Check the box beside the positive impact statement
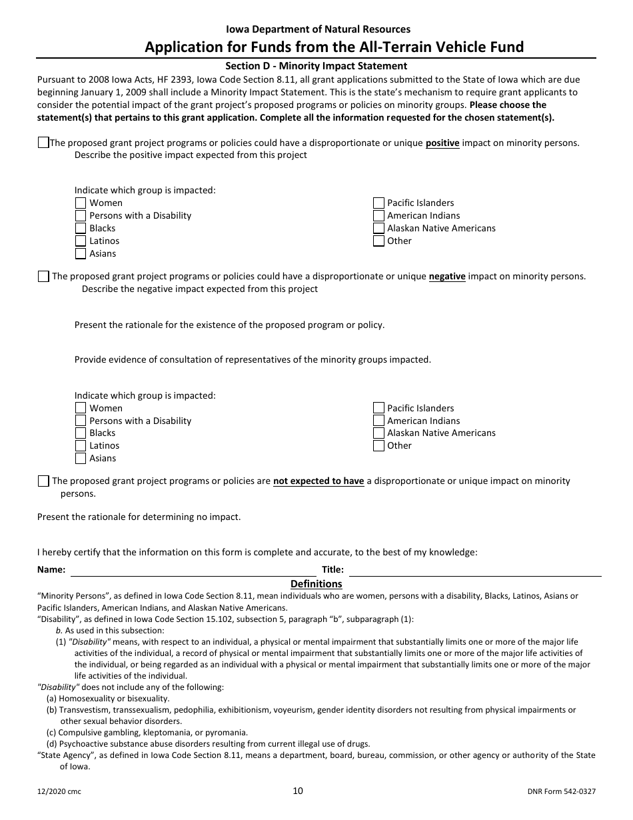coord(43,142)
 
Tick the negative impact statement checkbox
coord(43,276)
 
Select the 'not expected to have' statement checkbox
coord(43,481)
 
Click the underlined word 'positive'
coord(442,143)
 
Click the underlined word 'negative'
coord(446,276)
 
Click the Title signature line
coord(474,570)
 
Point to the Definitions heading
coord(316,584)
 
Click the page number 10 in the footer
coord(298,791)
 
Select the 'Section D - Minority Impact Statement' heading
coord(316,66)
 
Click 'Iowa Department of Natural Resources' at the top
coord(318,29)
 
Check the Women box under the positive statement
coord(81,203)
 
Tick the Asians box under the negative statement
coord(81,458)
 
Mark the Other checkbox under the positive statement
coord(378,241)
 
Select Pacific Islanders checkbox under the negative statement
coord(378,408)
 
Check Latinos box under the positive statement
coord(81,241)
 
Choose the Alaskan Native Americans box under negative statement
coord(378,433)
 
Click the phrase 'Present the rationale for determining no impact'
coord(139,517)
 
